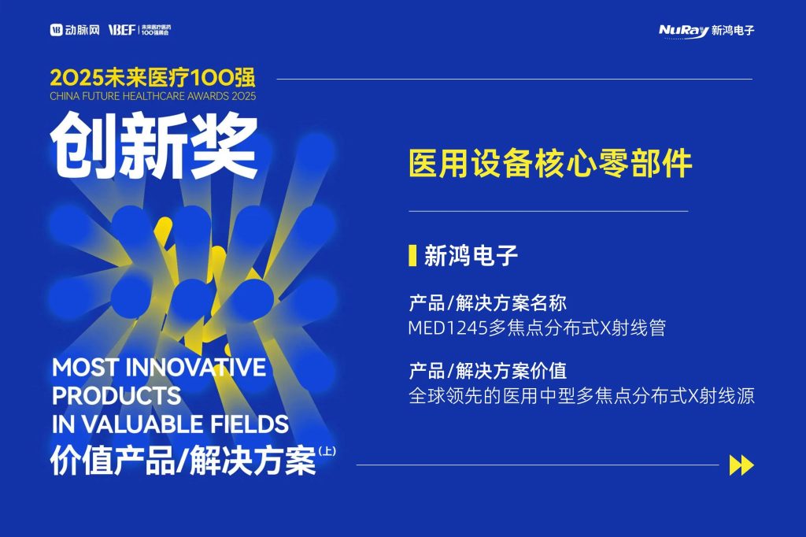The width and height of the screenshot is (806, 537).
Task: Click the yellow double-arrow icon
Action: pos(741,465)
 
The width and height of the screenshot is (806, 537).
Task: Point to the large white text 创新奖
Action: pos(153,146)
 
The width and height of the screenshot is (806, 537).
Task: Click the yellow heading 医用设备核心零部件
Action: pos(550,164)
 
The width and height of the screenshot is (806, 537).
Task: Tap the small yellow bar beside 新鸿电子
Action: pos(412,256)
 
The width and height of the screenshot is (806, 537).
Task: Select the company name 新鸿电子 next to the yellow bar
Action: pos(471,256)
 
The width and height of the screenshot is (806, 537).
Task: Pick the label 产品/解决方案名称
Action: pos(487,303)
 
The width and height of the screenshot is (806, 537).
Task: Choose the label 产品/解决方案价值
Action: pos(487,370)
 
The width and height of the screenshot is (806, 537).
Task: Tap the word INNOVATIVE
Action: pos(196,367)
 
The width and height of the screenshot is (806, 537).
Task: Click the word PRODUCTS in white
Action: pos(116,395)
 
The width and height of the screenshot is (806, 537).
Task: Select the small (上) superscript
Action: pos(327,452)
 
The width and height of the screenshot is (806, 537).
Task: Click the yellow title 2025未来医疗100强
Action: pos(153,78)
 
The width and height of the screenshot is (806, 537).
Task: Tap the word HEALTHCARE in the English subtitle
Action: pos(153,96)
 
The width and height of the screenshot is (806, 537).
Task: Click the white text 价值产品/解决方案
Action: pos(183,461)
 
